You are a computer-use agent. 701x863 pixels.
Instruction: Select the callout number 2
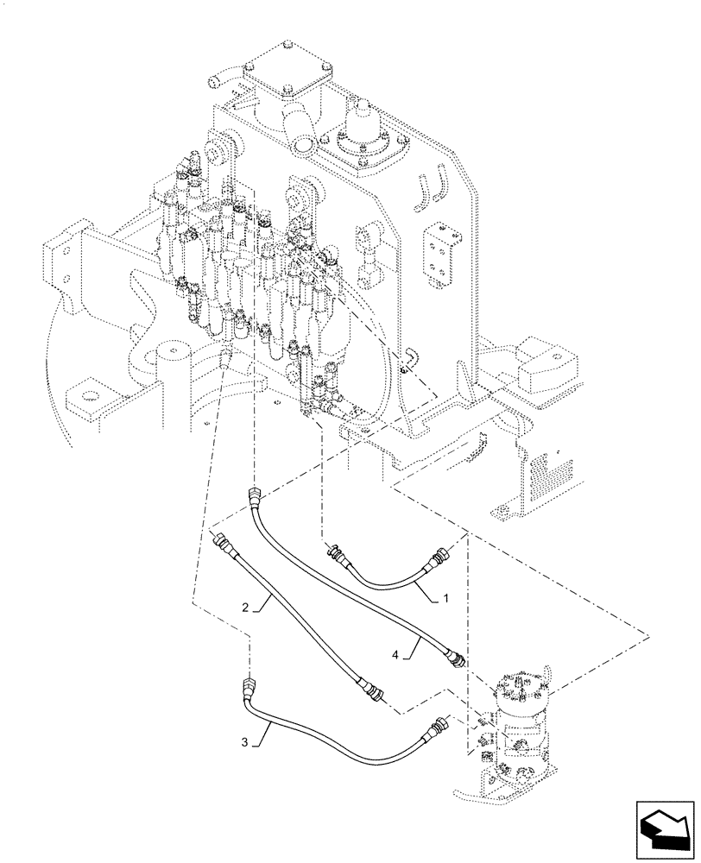click(246, 608)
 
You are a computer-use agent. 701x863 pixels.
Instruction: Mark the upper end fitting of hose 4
click(256, 499)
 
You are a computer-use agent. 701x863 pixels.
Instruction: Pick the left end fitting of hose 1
click(335, 553)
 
